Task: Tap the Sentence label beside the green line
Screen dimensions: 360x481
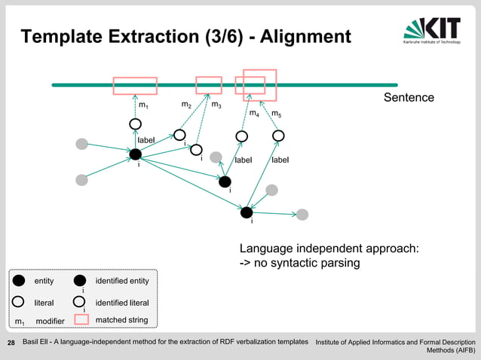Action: tap(409, 98)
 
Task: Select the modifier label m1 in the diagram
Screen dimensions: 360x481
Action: tap(142, 105)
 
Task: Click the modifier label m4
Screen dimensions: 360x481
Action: tap(254, 114)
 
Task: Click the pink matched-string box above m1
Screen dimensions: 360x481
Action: tap(135, 86)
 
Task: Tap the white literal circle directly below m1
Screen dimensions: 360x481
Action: tap(136, 124)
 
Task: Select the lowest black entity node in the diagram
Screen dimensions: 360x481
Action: tap(247, 212)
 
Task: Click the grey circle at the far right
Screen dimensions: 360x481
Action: tap(302, 215)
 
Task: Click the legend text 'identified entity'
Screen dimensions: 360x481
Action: tap(122, 281)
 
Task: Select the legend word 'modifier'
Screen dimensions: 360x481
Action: tap(51, 322)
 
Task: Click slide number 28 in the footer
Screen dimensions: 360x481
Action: tap(11, 343)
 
